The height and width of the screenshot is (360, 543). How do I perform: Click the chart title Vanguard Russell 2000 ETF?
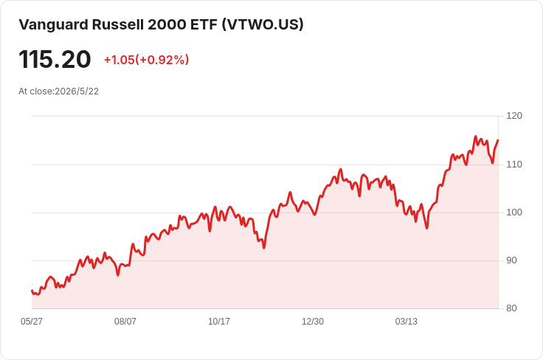[x=118, y=24]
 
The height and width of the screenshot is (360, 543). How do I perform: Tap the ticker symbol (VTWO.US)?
[x=263, y=24]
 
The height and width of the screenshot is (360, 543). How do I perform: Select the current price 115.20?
[x=55, y=59]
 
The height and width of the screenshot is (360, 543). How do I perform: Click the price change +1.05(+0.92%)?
[x=147, y=60]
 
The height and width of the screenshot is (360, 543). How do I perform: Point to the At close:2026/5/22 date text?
[x=58, y=91]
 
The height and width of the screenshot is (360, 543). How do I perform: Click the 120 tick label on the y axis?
[x=514, y=116]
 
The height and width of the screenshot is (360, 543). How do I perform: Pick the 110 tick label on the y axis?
[x=514, y=165]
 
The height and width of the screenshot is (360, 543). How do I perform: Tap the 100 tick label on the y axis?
[x=514, y=212]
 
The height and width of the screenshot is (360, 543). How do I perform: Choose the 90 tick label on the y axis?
[x=511, y=260]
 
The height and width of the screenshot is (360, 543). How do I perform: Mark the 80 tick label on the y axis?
[x=511, y=308]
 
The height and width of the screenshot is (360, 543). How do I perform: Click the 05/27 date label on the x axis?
[x=32, y=322]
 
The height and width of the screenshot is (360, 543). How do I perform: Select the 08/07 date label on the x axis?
[x=125, y=322]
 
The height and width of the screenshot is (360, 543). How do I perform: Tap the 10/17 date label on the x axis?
[x=219, y=322]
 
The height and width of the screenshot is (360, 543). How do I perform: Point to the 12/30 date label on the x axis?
[x=313, y=322]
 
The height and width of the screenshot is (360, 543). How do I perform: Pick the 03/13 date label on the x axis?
[x=407, y=322]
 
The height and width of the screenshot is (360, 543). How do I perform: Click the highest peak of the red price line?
[x=475, y=136]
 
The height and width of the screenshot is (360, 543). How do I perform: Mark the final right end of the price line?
[x=498, y=140]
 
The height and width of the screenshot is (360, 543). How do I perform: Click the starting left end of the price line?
[x=32, y=291]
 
